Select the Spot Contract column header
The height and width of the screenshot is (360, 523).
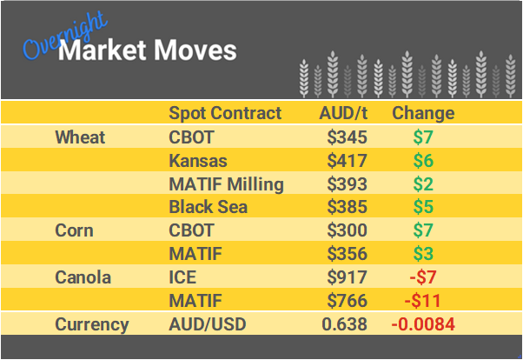tap(225, 113)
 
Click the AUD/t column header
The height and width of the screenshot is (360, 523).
tap(343, 113)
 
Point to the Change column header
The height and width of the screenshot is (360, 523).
tap(423, 113)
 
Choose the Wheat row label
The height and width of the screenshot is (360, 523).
tap(80, 137)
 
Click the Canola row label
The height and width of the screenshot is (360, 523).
tap(83, 278)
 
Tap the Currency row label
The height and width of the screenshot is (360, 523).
tap(92, 325)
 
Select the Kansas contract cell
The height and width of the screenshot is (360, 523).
tap(198, 161)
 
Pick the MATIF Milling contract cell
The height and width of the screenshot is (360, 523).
tap(226, 184)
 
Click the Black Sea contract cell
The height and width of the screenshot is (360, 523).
tap(209, 208)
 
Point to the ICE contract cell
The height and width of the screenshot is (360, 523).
tap(183, 278)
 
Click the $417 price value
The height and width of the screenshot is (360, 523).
tap(348, 161)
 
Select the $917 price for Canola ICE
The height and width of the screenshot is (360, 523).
tap(348, 278)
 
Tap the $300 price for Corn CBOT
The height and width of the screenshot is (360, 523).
tap(348, 231)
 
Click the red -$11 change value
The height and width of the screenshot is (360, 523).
tap(423, 302)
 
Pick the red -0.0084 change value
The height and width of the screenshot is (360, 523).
tap(423, 325)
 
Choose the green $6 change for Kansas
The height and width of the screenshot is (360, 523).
tap(423, 161)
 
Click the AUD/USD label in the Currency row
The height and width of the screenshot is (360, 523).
tap(207, 325)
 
